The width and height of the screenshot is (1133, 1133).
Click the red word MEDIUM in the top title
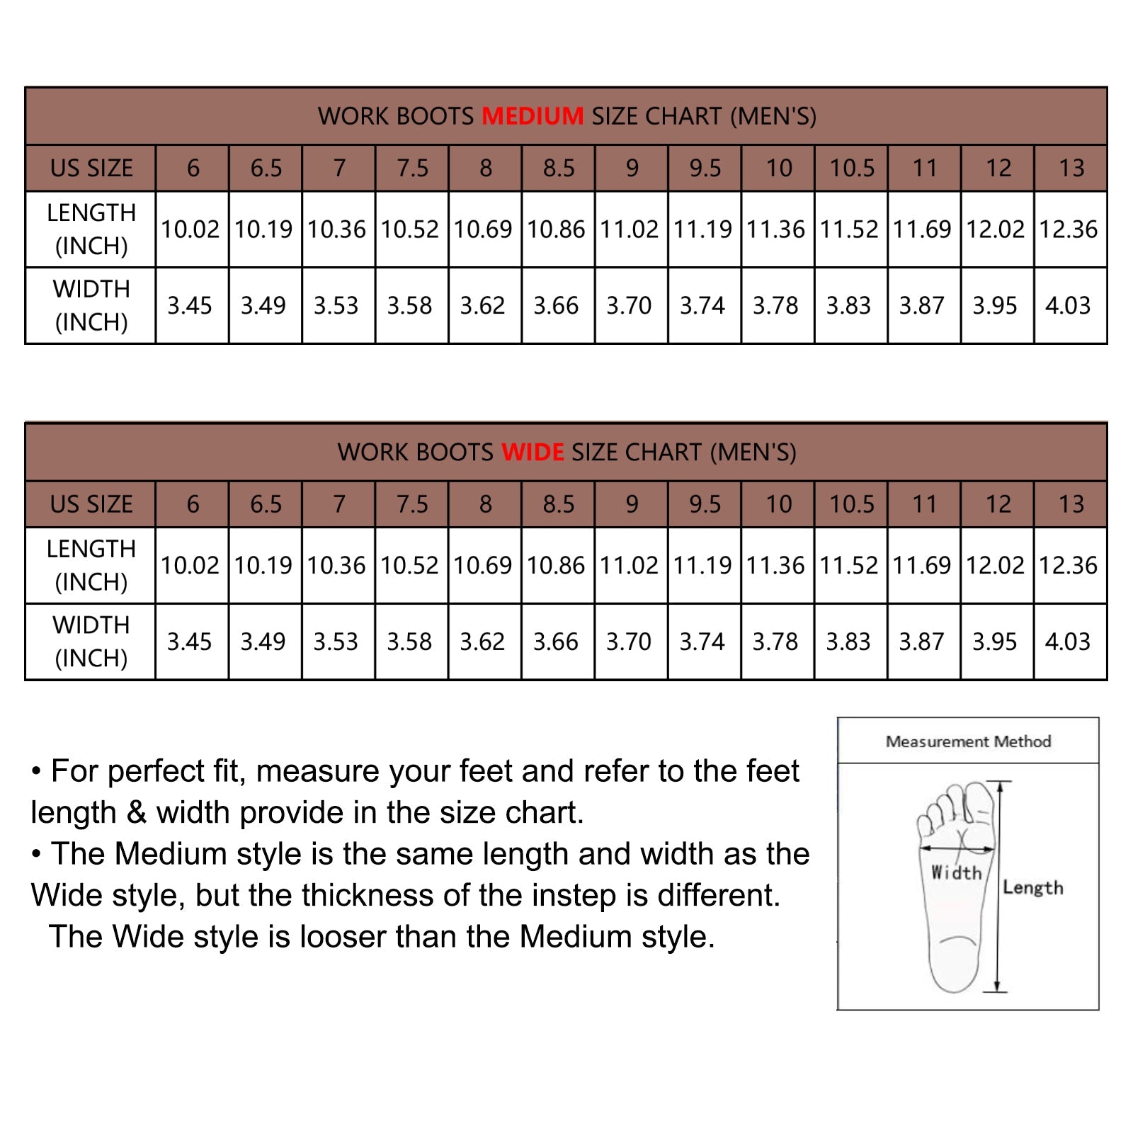pos(533,115)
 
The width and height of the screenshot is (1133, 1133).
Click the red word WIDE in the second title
pos(533,452)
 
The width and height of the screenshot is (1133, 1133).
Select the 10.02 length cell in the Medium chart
pos(190,229)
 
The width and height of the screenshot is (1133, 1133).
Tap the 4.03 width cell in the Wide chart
pos(1068,642)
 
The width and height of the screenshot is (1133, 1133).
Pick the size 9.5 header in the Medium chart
pos(705,168)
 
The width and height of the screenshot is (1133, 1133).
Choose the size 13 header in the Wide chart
pos(1071,504)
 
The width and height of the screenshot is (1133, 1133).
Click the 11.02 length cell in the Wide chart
pos(629,566)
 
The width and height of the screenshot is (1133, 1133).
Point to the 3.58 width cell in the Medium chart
pos(409,306)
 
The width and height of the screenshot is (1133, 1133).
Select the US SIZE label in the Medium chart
pos(91,168)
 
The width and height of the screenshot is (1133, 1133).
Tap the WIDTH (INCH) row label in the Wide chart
pos(91,642)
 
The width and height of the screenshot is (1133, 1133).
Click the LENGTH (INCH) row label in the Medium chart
pos(91,229)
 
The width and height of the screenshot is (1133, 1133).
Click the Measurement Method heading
pos(968,741)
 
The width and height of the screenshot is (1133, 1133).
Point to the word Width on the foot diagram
pos(956,872)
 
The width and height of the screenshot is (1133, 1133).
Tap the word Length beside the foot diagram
pos(1033,887)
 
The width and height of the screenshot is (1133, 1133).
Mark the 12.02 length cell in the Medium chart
pos(995,229)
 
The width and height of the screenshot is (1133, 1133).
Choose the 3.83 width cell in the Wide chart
pos(848,642)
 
